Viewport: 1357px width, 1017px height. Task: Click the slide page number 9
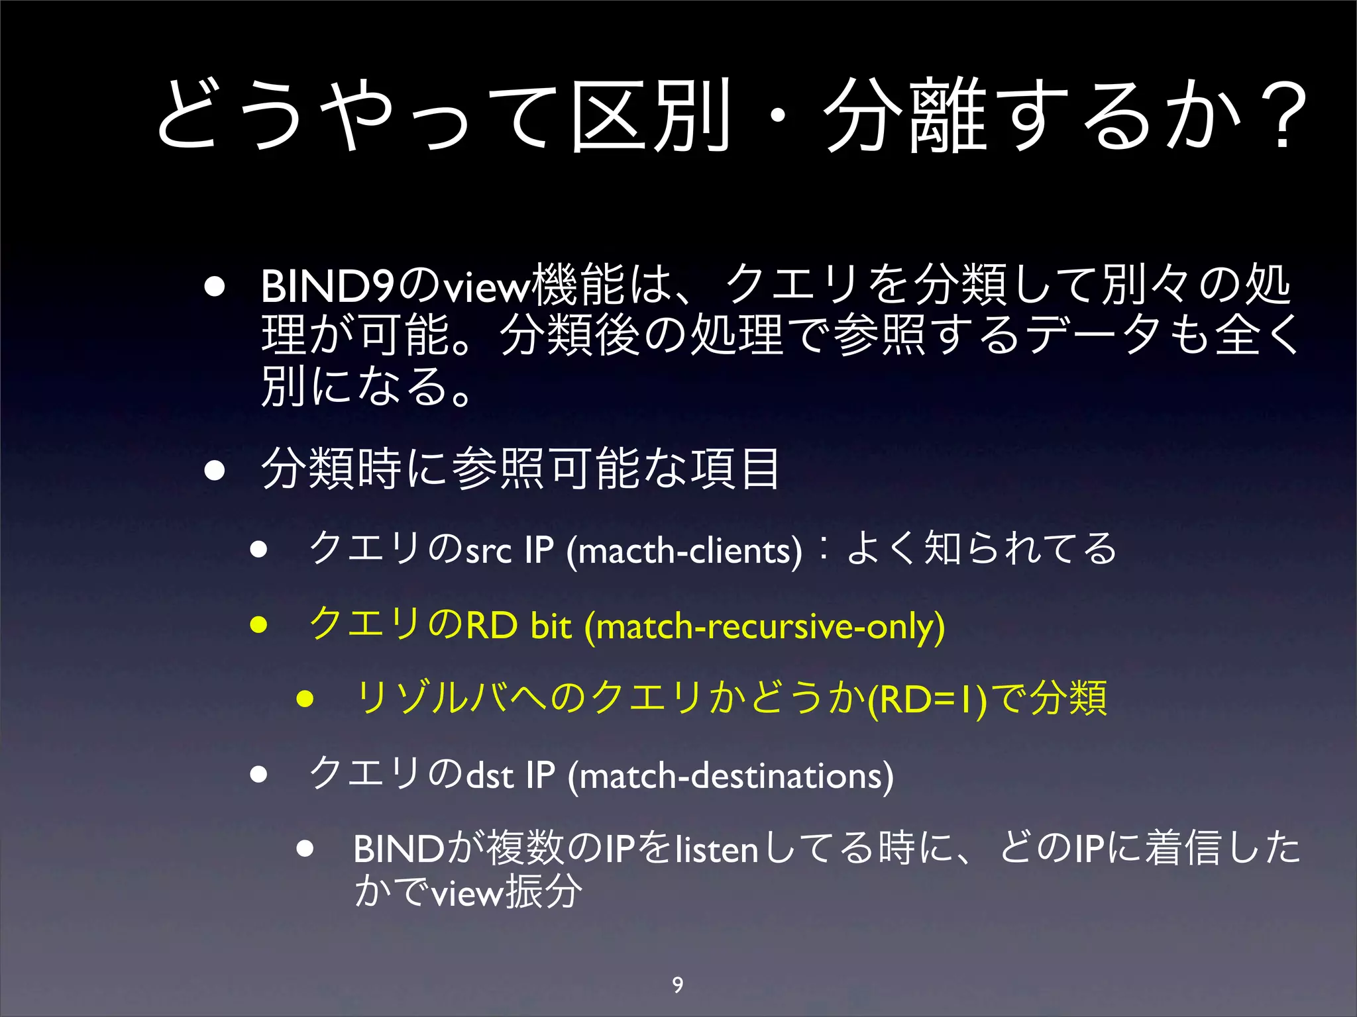(677, 985)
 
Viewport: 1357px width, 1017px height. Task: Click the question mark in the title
(1282, 116)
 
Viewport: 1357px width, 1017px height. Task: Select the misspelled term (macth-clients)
(684, 550)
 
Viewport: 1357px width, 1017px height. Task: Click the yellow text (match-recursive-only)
(765, 626)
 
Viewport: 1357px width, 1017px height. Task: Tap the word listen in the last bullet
(716, 849)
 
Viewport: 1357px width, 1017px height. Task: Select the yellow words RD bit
(519, 626)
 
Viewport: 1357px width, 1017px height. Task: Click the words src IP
(510, 550)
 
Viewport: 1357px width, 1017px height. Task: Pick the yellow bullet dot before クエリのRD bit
(258, 624)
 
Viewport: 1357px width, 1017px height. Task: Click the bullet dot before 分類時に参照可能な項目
(214, 471)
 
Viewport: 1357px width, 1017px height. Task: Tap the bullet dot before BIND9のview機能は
(214, 288)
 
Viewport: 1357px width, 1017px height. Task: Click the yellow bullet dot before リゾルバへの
(305, 699)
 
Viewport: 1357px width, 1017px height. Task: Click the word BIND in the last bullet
(398, 849)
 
